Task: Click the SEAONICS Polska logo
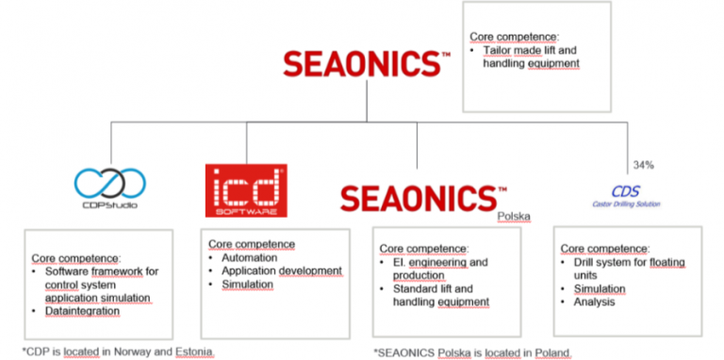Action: pos(418,199)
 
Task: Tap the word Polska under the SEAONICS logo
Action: pos(514,216)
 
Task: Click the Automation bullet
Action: pos(249,257)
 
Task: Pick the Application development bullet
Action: pos(281,270)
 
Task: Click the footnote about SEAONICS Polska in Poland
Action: pos(471,352)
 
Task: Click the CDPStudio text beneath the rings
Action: pos(111,204)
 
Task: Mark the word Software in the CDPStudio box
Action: pos(74,270)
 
